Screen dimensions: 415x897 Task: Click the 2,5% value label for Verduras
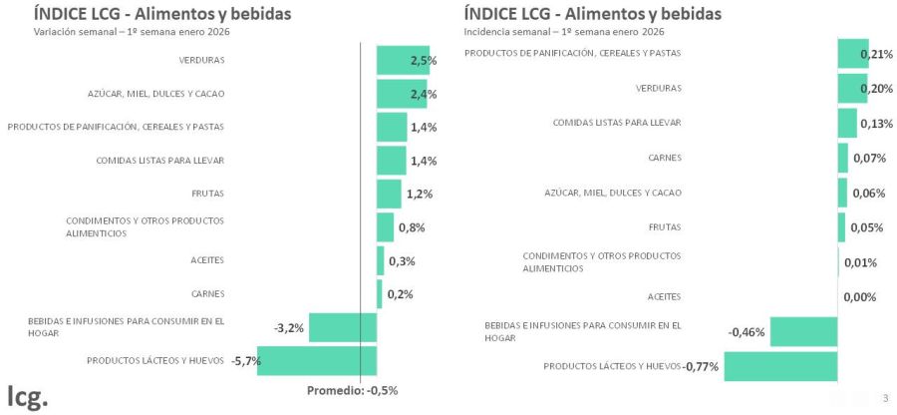[424, 61]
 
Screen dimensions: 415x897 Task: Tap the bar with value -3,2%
[343, 327]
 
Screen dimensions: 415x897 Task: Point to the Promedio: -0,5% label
[352, 390]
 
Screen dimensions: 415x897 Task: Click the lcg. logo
[27, 395]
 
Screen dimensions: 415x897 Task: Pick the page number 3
[885, 399]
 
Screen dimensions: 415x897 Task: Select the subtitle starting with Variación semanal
[101, 31]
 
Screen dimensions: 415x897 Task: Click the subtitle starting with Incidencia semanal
[531, 31]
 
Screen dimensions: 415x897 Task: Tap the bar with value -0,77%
[779, 366]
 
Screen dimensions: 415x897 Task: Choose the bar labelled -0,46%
[803, 331]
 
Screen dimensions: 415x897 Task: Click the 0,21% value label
[873, 54]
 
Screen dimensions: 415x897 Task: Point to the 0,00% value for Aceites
[859, 297]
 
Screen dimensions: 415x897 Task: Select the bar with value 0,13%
[847, 124]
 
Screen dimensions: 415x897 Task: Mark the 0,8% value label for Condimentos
[412, 227]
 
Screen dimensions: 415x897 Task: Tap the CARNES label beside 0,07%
[665, 158]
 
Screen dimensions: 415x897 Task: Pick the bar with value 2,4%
[401, 94]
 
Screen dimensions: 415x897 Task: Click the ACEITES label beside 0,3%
[207, 260]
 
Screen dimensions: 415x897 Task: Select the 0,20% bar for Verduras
[852, 89]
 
